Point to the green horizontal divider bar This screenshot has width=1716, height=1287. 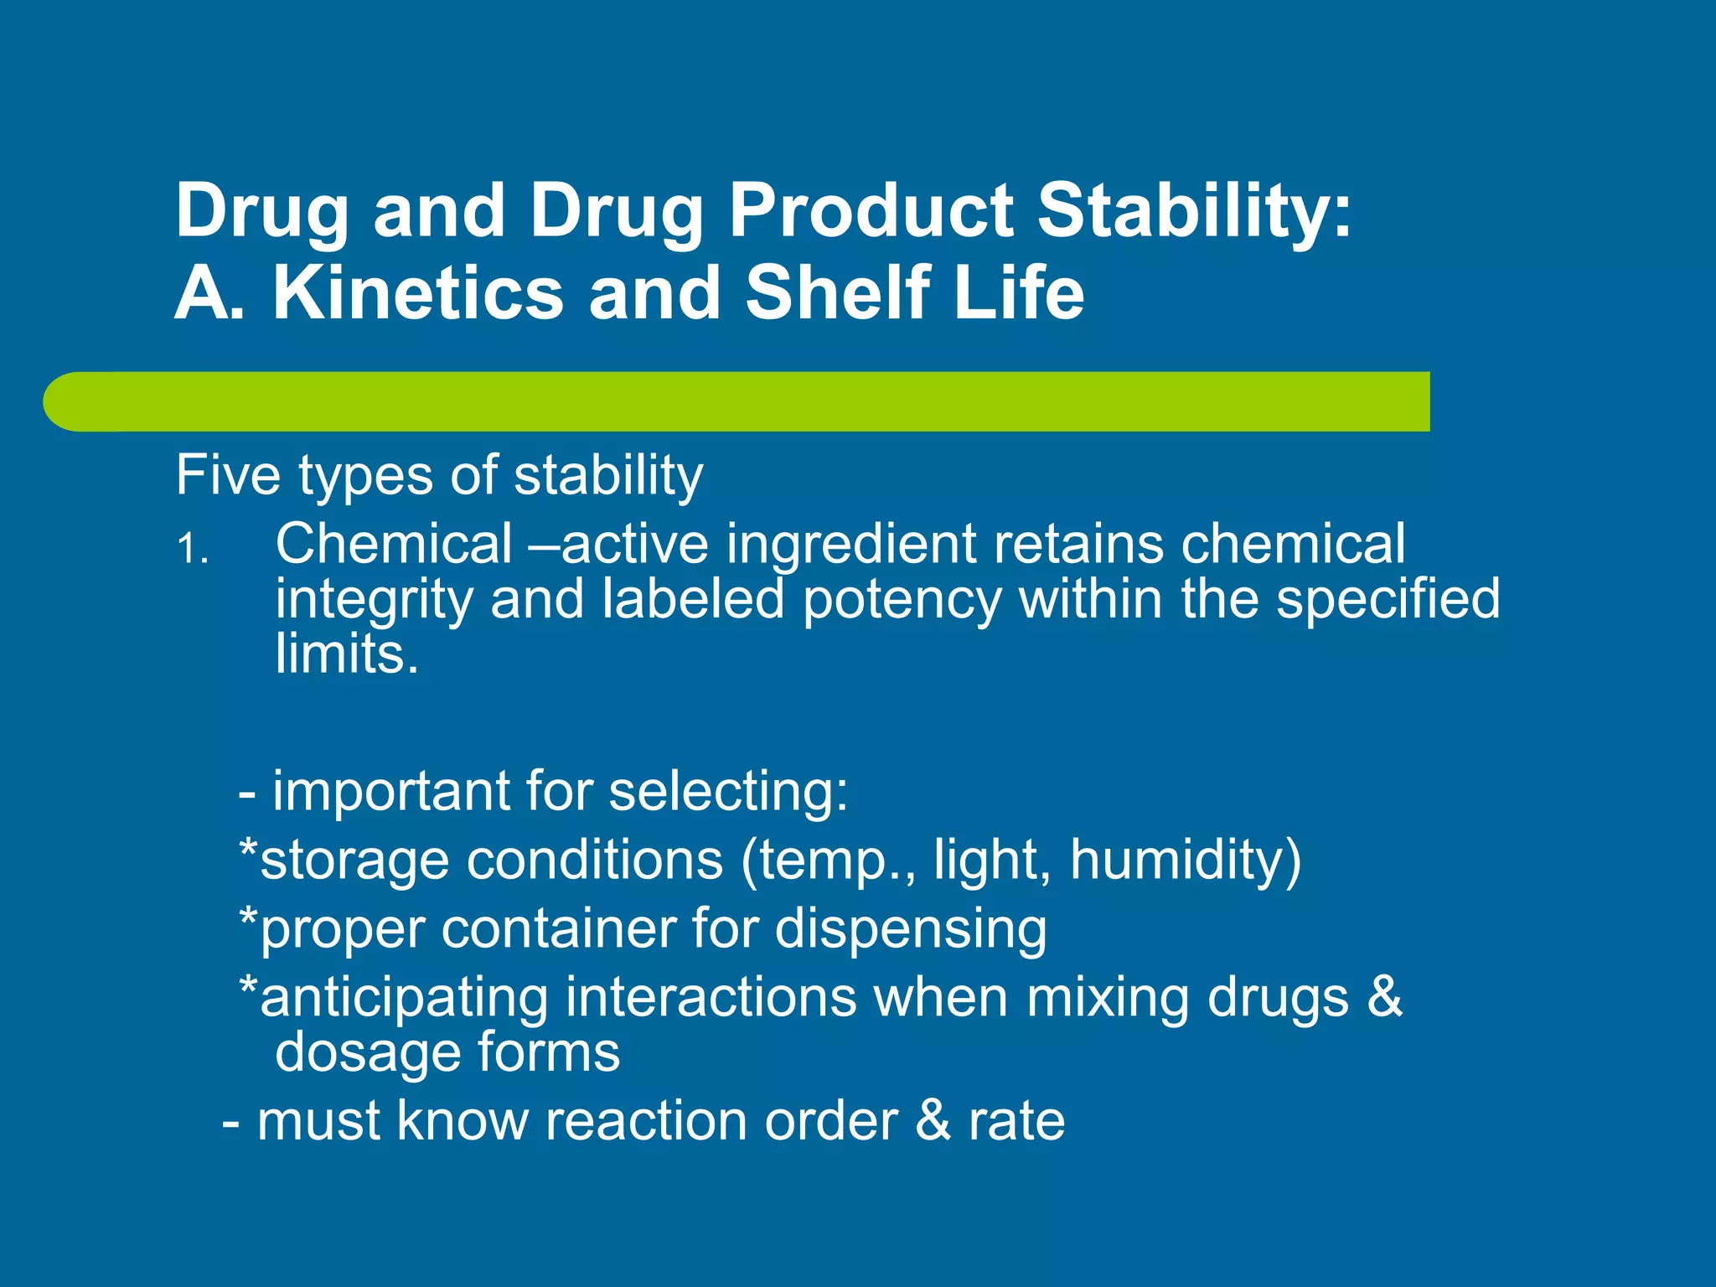(x=737, y=401)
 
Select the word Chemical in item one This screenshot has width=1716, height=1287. (x=394, y=544)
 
